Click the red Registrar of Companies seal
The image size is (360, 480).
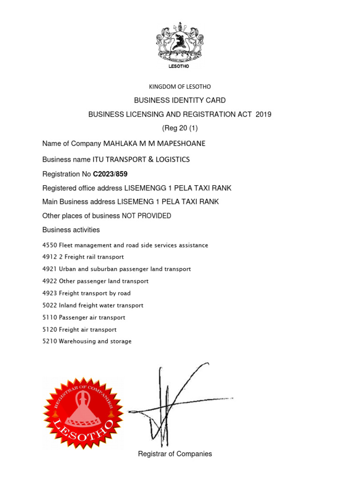83,412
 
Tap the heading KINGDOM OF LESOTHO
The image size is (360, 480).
180,87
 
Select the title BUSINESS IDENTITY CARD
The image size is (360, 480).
180,100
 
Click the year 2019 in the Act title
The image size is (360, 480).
263,114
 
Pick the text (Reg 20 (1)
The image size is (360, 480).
180,128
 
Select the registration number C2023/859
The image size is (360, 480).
110,174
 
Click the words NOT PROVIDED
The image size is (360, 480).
146,216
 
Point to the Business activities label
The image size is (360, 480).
71,230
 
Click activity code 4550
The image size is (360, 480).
49,245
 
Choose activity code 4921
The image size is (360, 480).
49,269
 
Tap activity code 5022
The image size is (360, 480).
49,305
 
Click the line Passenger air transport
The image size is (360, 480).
92,317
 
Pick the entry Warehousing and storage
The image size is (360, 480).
95,341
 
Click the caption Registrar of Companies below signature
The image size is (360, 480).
175,454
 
